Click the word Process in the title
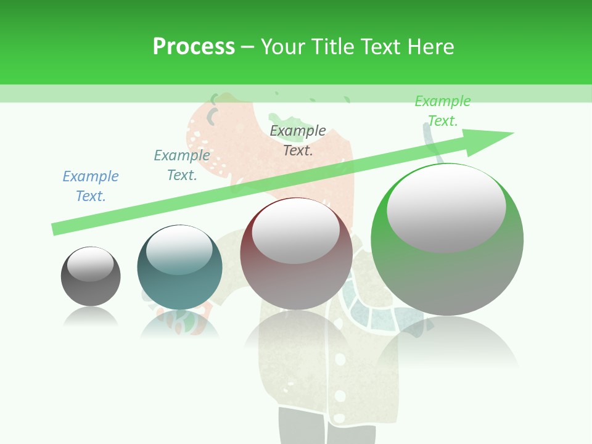tap(194, 47)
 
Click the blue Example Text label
tap(91, 186)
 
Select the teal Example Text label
tap(182, 165)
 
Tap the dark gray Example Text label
tap(298, 141)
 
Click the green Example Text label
tap(443, 111)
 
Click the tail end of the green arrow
tap(57, 229)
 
